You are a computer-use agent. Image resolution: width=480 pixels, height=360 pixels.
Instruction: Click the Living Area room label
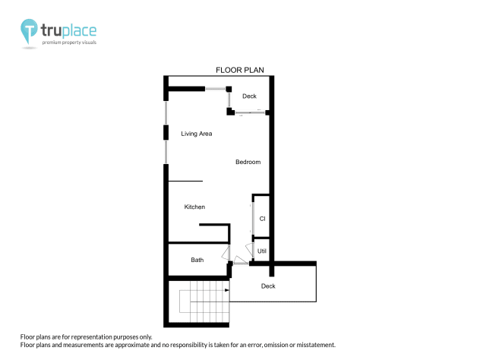(196, 134)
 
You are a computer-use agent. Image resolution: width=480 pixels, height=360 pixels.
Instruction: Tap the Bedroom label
(248, 162)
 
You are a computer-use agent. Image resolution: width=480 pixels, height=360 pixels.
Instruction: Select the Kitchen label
(194, 207)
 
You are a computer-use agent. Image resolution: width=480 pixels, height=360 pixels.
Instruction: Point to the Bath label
(197, 260)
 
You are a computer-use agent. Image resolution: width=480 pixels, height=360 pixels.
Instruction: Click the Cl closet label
(262, 219)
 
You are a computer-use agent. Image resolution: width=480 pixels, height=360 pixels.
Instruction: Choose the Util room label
(262, 251)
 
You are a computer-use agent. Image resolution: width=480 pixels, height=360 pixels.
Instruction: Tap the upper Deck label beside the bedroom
(249, 96)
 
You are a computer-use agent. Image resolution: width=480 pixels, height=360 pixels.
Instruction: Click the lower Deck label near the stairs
(268, 286)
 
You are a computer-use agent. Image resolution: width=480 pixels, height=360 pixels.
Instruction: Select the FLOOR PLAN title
(239, 70)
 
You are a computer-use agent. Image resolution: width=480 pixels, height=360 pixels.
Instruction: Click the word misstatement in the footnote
(308, 345)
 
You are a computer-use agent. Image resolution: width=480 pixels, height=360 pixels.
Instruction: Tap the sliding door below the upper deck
(251, 113)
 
